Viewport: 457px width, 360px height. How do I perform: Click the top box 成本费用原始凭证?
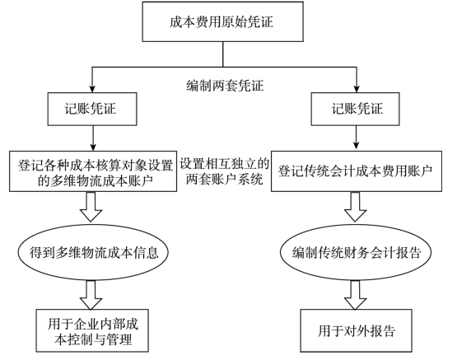(223, 22)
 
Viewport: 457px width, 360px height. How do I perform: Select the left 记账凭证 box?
(92, 109)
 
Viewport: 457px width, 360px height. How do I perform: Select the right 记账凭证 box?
(355, 109)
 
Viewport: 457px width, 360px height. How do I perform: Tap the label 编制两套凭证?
(225, 86)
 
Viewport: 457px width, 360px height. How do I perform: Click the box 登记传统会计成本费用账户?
(357, 171)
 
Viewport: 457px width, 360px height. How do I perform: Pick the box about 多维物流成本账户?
(93, 171)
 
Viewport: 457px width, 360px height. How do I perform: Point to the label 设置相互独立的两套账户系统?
(224, 171)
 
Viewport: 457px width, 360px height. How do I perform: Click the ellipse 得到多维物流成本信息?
(93, 252)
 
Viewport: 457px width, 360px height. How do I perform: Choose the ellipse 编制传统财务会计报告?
(356, 252)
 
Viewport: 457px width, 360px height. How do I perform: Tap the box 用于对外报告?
(357, 331)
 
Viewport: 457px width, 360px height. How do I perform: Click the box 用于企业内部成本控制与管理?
(92, 331)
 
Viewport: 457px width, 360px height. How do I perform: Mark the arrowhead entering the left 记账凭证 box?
(92, 89)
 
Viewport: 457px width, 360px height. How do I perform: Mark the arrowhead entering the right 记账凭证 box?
(357, 89)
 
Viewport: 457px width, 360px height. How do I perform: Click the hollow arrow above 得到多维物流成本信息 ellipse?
(91, 207)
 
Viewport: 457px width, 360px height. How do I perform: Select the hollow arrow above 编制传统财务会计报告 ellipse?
(355, 207)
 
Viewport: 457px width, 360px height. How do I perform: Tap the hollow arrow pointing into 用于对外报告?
(355, 295)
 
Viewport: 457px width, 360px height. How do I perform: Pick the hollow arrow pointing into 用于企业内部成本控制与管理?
(91, 295)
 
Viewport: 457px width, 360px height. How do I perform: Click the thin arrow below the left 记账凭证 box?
(93, 138)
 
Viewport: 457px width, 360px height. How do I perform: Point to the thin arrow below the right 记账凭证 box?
(356, 138)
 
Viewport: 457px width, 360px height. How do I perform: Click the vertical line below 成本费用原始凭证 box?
(223, 54)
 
